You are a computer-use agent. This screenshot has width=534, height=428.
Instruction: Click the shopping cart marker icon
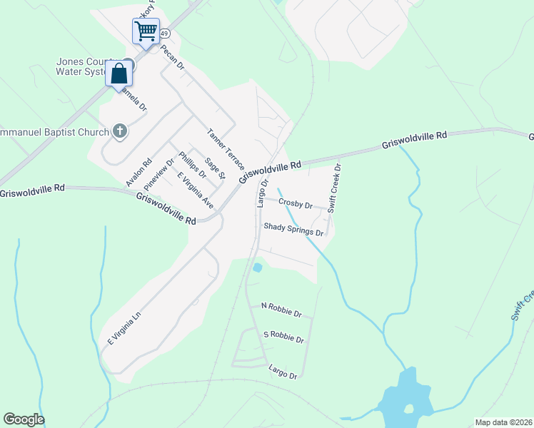coord(146,31)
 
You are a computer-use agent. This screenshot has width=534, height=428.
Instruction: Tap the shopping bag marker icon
coord(119,73)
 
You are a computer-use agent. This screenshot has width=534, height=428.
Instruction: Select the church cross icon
coord(120,131)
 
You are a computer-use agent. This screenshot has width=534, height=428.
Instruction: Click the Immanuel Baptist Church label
coord(54,132)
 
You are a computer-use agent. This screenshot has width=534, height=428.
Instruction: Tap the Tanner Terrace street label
coord(226,149)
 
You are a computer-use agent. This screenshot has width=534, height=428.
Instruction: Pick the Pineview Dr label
coord(158,174)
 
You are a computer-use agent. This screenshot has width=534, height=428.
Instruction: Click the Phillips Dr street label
coord(192,165)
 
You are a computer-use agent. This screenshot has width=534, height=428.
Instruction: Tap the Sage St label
coord(214,168)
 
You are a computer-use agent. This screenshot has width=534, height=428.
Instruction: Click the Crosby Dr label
coord(296,204)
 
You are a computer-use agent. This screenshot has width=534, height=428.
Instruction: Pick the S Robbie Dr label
coord(283,336)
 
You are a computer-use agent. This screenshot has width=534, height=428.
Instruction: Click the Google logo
coord(24,419)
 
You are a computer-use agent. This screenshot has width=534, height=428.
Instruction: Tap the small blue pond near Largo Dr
coord(257,268)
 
